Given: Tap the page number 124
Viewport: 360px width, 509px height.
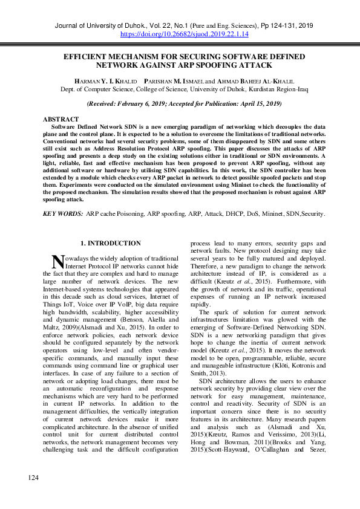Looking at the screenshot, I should [x=33, y=495].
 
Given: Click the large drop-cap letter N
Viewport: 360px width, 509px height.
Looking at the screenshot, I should [x=57, y=261].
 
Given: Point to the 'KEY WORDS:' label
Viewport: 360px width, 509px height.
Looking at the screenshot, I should [x=63, y=213].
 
